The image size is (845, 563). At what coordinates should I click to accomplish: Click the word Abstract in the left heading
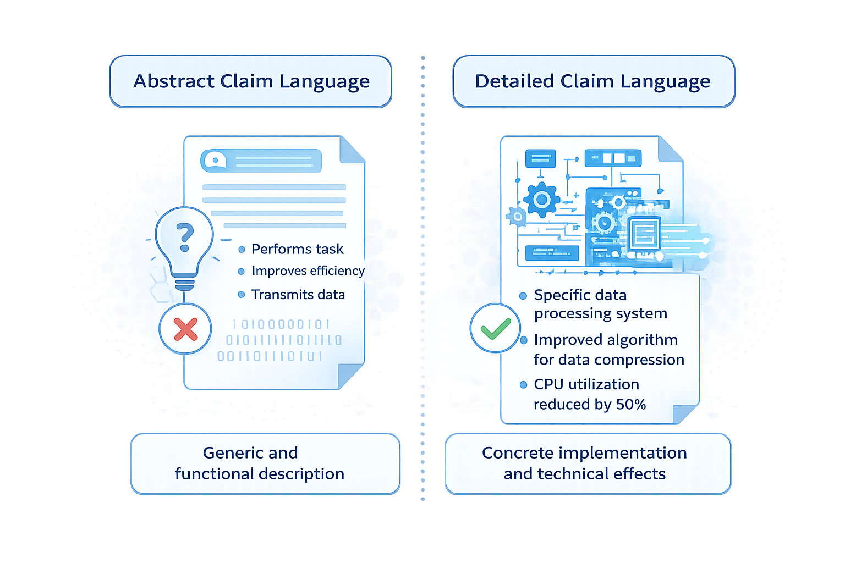tap(174, 81)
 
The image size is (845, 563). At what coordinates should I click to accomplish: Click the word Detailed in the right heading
tap(514, 81)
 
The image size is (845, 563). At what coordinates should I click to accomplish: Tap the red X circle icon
tap(185, 329)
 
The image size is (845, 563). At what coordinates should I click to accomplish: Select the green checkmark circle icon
tap(495, 328)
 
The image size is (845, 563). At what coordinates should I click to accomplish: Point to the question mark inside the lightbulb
tap(185, 236)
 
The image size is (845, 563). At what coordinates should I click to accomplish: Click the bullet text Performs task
tap(297, 249)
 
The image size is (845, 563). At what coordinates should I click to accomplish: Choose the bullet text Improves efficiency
tap(308, 271)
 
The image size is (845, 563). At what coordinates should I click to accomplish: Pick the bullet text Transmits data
tap(298, 295)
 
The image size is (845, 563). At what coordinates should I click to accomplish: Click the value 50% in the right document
tap(630, 405)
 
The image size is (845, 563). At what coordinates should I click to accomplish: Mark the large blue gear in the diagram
tap(541, 200)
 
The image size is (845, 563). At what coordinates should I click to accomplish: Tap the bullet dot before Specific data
tap(523, 296)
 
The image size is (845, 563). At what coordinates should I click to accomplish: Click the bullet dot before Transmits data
tap(241, 295)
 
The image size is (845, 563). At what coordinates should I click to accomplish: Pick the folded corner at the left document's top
tap(352, 150)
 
